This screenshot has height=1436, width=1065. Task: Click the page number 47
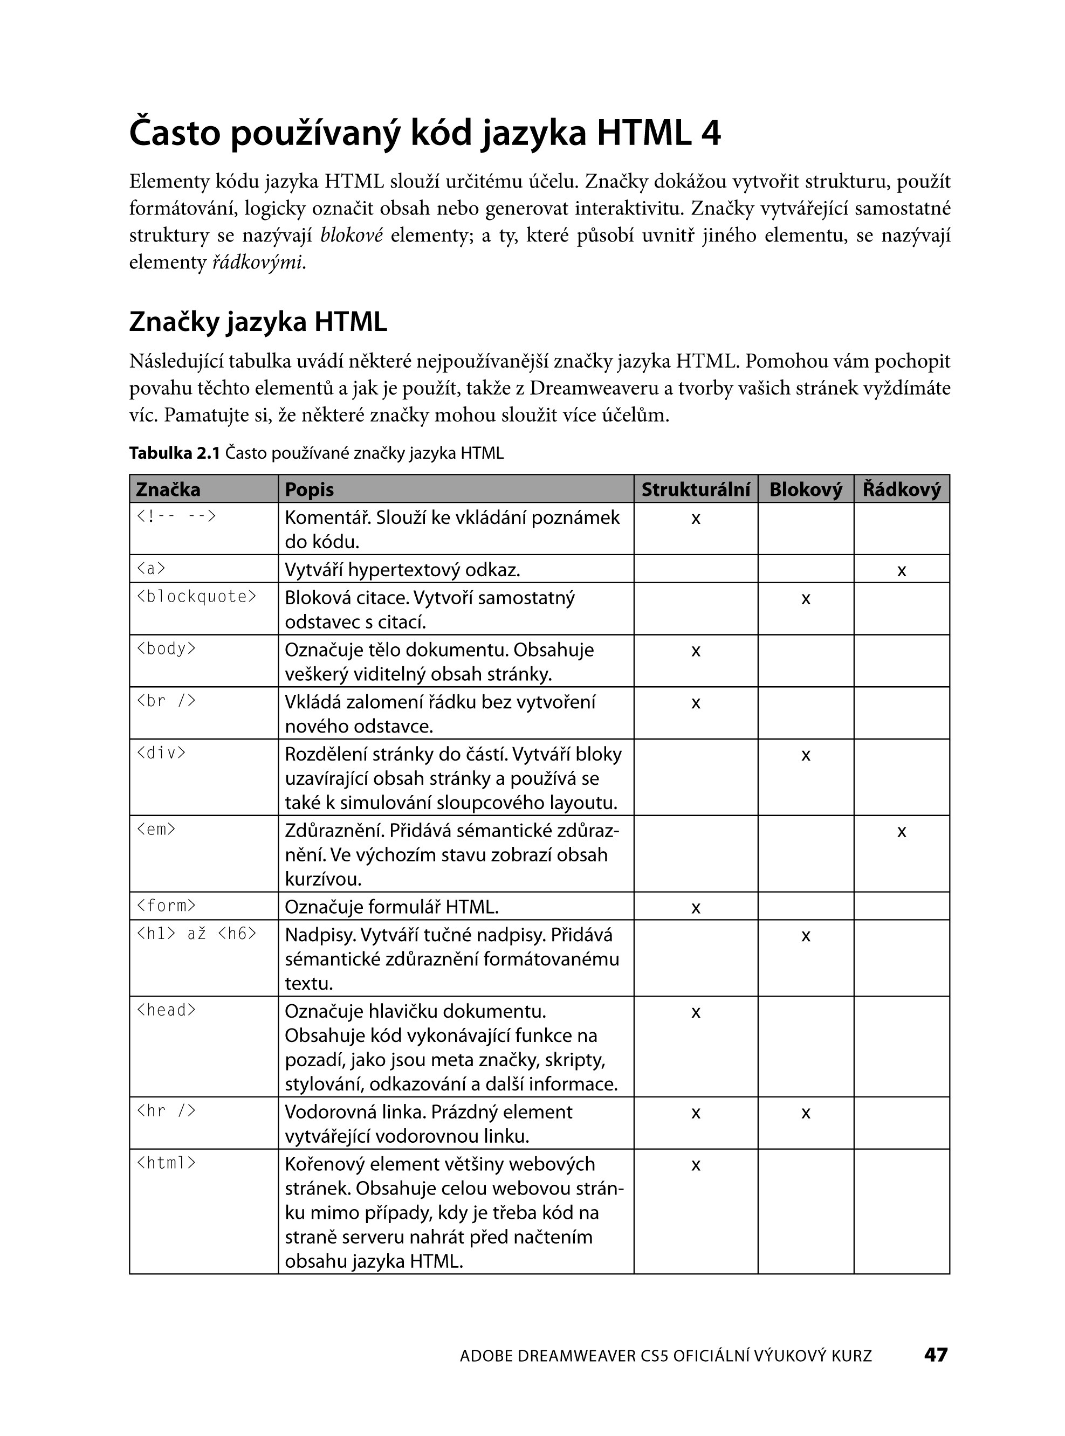click(x=936, y=1355)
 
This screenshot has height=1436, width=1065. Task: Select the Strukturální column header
click(x=695, y=489)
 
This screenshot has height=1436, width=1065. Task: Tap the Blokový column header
click(x=805, y=489)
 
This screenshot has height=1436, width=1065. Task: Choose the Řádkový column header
click(x=901, y=489)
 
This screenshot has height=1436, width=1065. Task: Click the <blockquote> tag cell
click(x=197, y=597)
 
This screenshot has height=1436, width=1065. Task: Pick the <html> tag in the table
click(x=166, y=1163)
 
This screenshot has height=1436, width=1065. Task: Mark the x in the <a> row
click(x=901, y=570)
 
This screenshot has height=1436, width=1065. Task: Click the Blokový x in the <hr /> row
click(x=805, y=1113)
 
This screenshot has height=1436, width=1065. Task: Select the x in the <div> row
click(x=805, y=755)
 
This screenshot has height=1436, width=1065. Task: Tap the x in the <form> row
click(x=695, y=908)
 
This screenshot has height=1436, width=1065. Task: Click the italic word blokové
click(x=352, y=236)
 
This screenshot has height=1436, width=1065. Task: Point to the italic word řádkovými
click(x=257, y=263)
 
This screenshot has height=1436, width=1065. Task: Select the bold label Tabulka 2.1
click(x=174, y=453)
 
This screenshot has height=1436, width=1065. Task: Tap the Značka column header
click(x=168, y=489)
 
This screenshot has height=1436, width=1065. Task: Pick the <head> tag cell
click(x=166, y=1010)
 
